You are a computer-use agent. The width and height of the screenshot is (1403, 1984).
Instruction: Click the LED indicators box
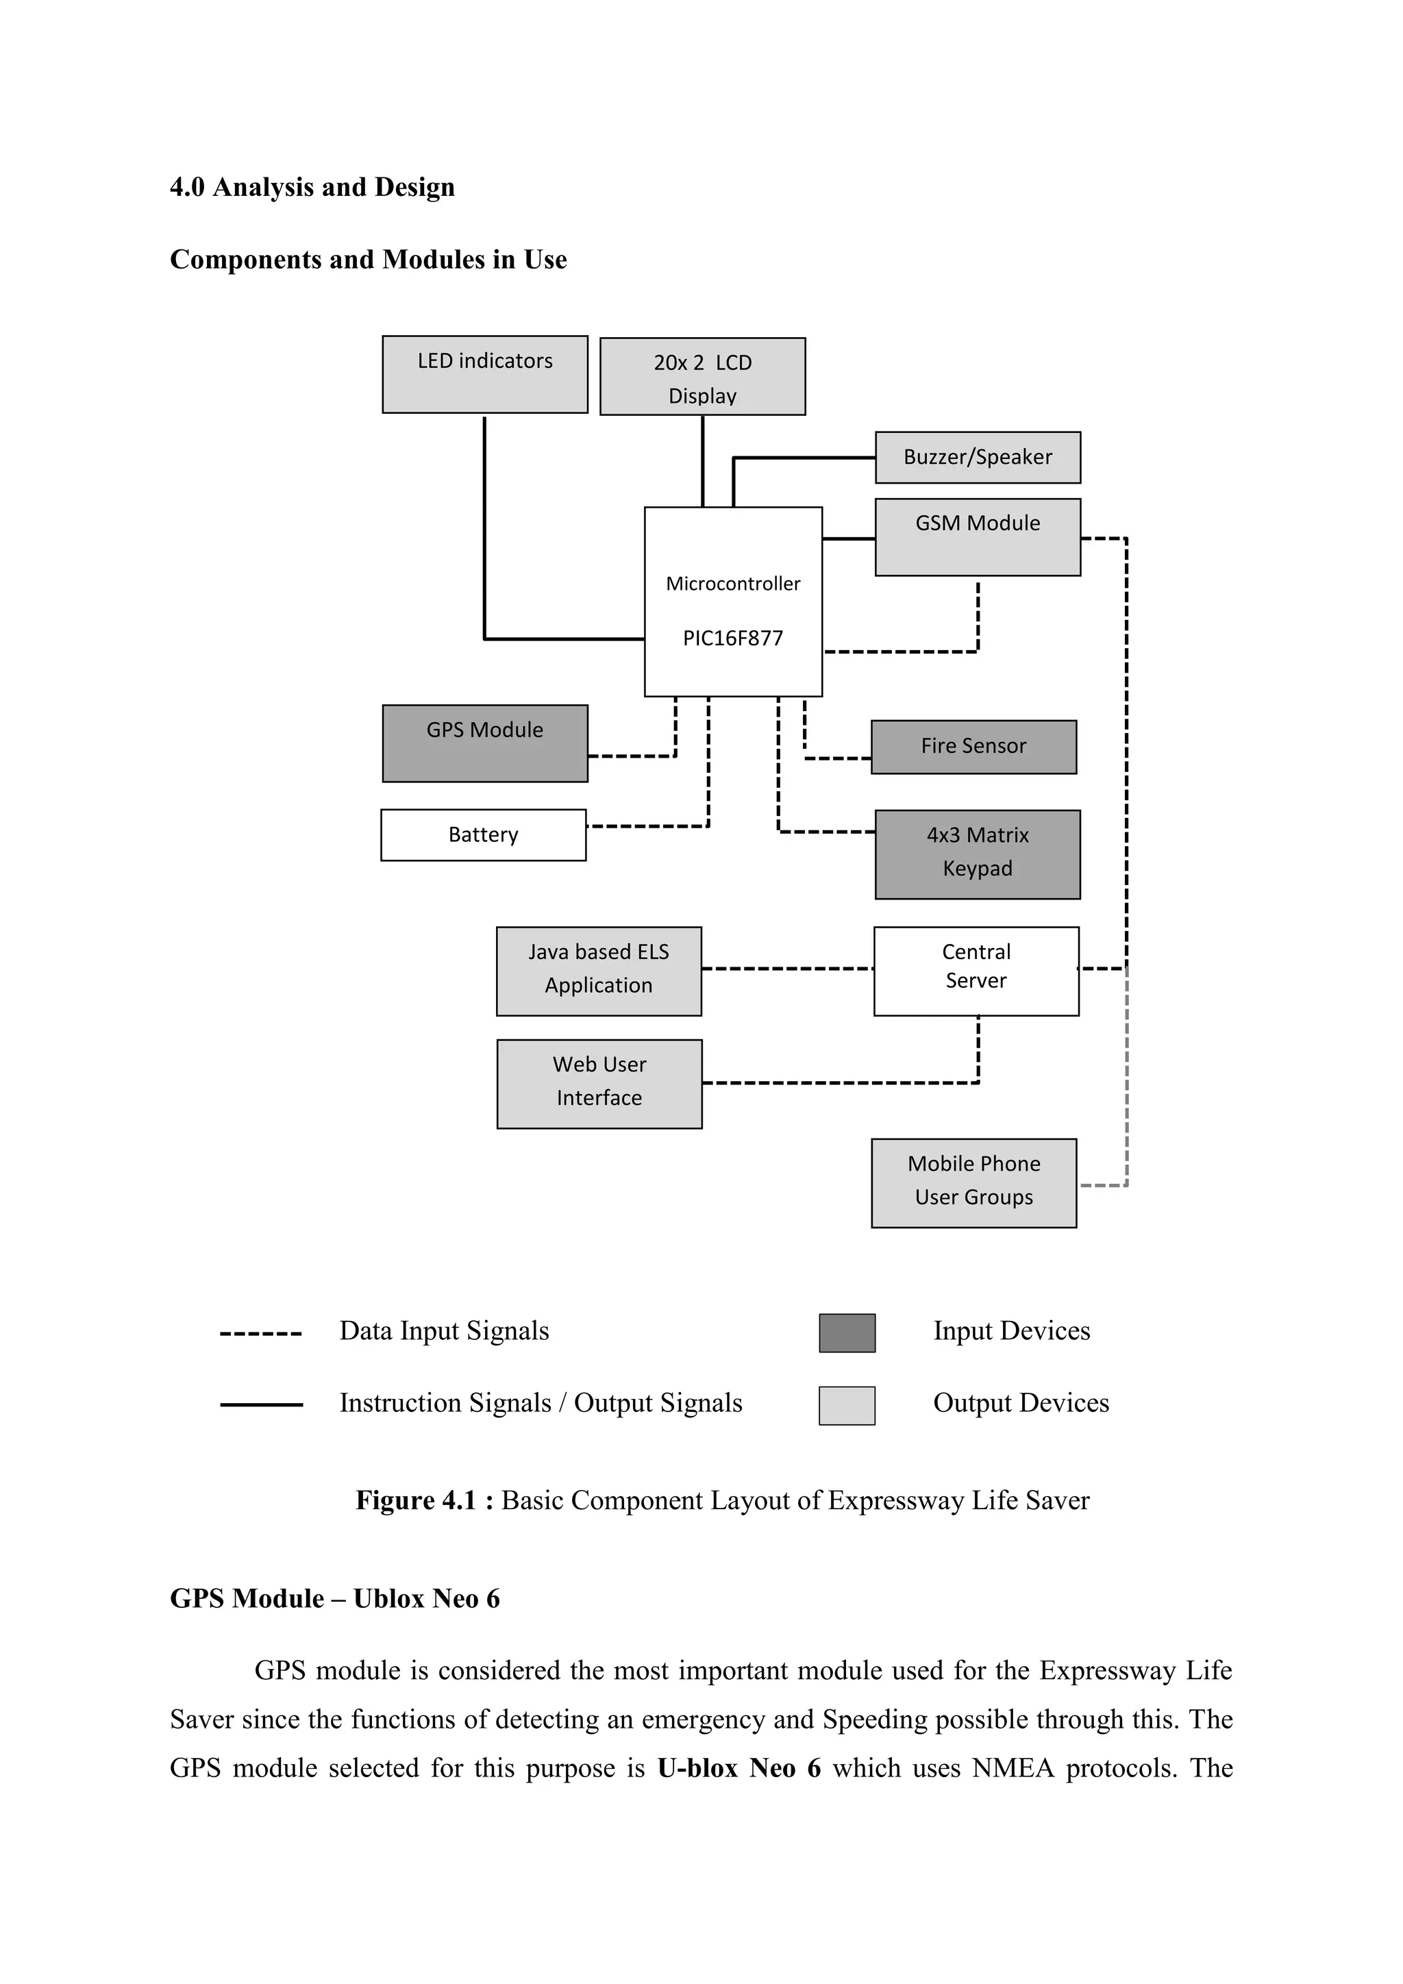[484, 374]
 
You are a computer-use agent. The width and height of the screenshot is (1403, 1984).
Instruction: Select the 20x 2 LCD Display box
[702, 377]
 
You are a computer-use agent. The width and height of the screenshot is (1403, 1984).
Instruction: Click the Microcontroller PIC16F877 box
[732, 602]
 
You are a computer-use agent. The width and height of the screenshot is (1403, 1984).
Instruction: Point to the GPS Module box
[484, 743]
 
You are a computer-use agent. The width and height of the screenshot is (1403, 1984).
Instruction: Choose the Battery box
[483, 834]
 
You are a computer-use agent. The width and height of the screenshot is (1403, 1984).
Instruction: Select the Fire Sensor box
[973, 747]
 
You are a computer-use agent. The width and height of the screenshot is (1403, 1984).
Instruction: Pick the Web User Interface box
[599, 1084]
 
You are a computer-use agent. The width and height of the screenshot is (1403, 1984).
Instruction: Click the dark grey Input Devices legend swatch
[847, 1332]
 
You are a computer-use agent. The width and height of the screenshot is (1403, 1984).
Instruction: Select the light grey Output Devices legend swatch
[847, 1405]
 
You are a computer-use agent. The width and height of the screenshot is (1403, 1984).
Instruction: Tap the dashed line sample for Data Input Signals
[261, 1333]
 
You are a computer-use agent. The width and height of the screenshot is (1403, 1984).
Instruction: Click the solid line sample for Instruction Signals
[261, 1405]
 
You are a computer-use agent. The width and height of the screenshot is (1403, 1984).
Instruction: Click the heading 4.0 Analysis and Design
[312, 188]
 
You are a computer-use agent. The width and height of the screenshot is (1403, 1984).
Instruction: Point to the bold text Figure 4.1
[416, 1500]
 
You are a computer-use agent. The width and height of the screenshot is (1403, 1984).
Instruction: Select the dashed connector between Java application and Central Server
[787, 969]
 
